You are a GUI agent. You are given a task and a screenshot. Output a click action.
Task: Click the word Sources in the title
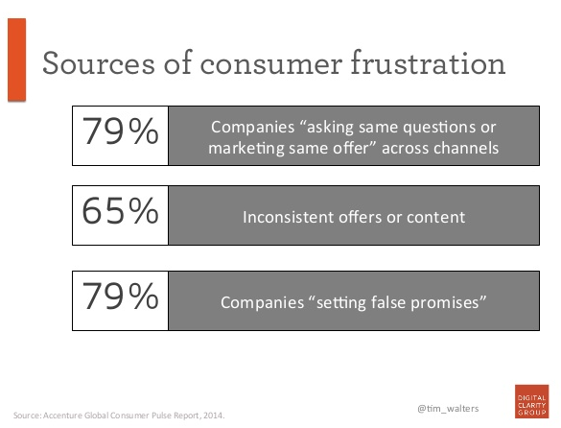pyautogui.click(x=99, y=63)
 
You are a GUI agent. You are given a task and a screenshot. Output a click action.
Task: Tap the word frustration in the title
pyautogui.click(x=428, y=62)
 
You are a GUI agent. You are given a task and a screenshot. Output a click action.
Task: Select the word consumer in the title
pyautogui.click(x=271, y=65)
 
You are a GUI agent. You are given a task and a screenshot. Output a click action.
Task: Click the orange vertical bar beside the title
pyautogui.click(x=17, y=59)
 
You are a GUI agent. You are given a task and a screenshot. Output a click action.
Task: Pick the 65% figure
pyautogui.click(x=120, y=211)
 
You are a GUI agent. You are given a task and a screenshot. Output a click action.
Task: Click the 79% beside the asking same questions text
pyautogui.click(x=120, y=131)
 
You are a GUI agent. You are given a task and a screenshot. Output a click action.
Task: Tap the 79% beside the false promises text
pyautogui.click(x=120, y=297)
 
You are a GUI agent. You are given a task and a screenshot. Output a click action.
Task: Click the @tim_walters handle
pyautogui.click(x=448, y=409)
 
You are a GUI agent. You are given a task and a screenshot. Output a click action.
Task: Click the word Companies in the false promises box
pyautogui.click(x=262, y=303)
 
